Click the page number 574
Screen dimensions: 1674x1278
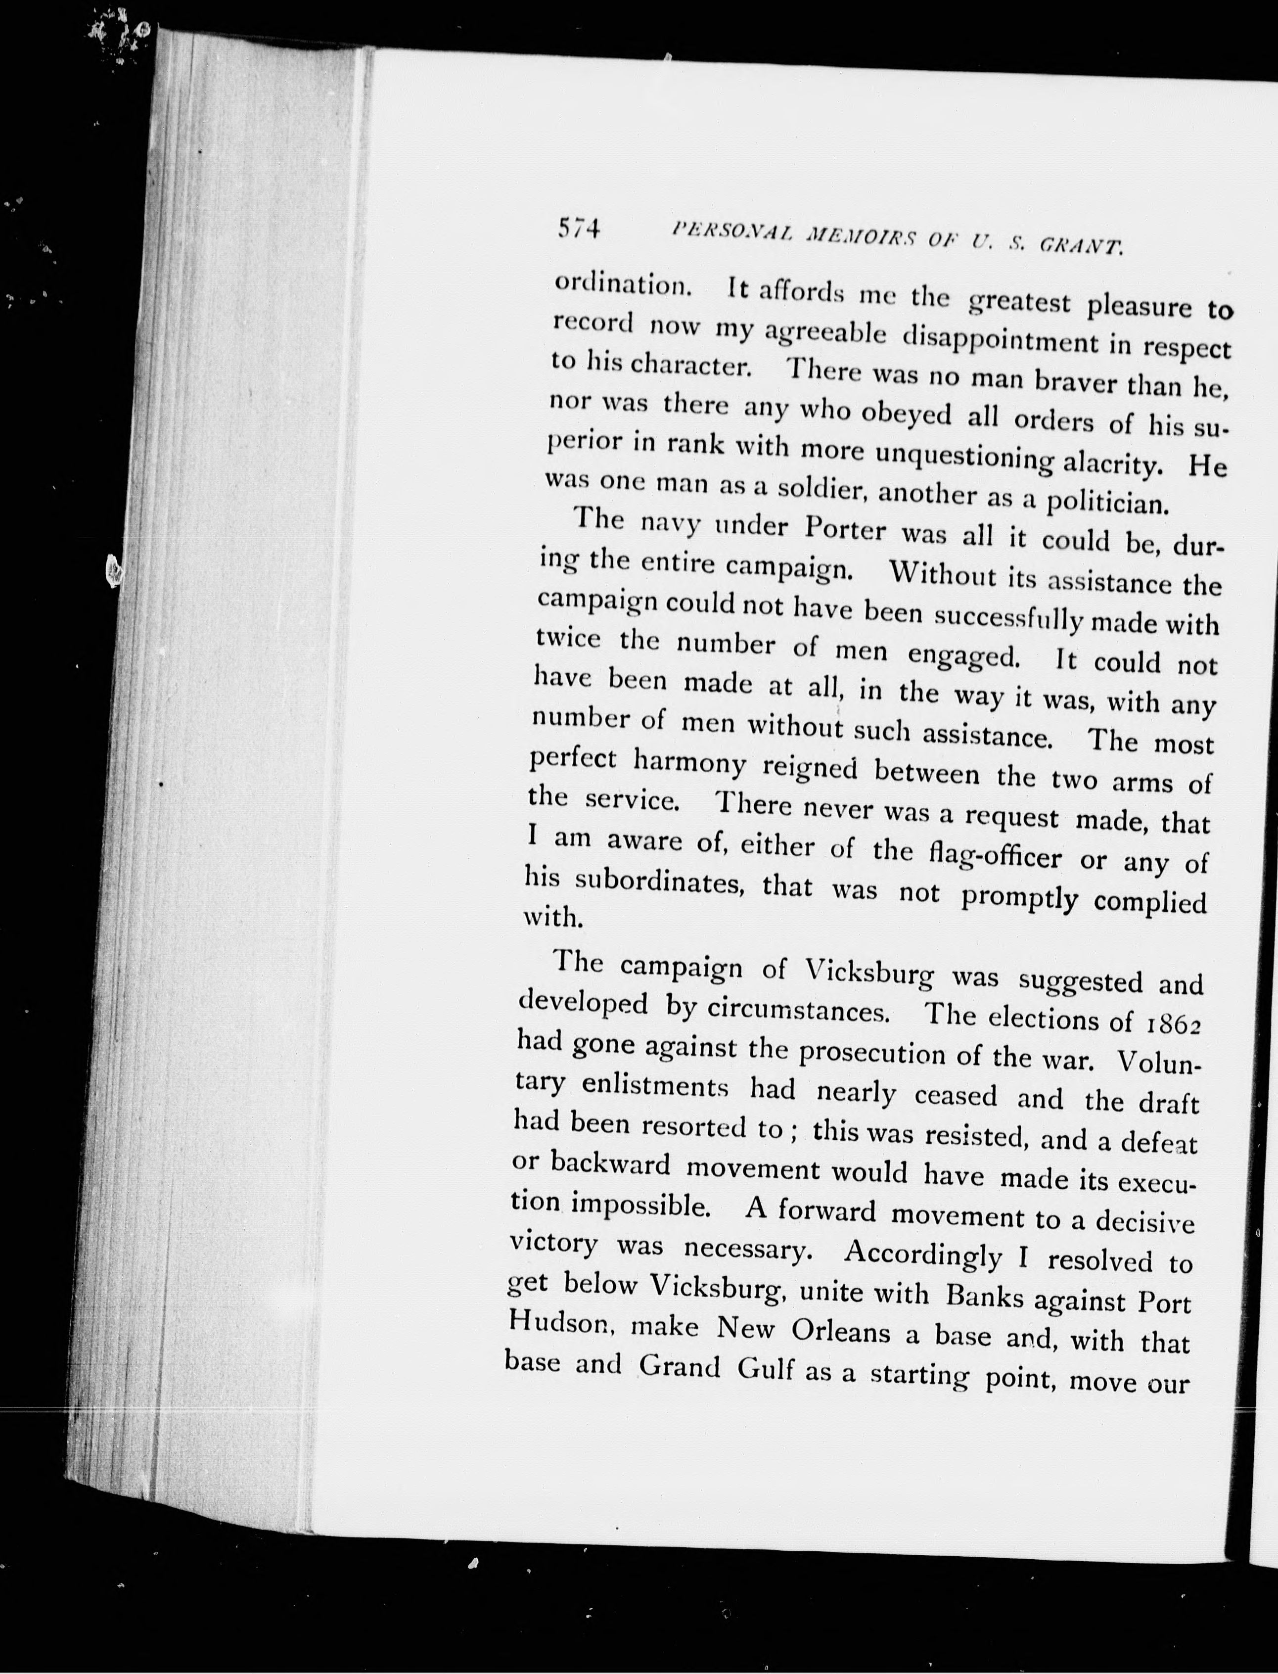click(579, 228)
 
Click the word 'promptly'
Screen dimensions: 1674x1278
click(1019, 897)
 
